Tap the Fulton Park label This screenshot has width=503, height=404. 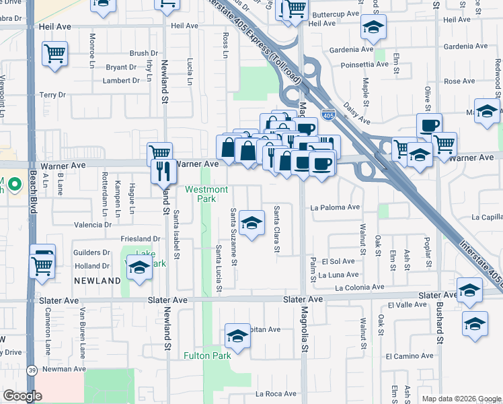pos(208,356)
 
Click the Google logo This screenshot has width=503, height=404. pos(22,396)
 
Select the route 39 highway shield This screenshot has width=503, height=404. pos(31,370)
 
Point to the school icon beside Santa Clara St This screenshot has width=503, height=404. pos(251,224)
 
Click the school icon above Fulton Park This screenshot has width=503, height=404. pos(237,336)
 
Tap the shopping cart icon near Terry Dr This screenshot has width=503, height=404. pos(54,53)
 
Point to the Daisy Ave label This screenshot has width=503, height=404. pos(356,114)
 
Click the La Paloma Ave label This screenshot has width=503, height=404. pos(335,207)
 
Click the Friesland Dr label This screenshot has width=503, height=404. pos(141,238)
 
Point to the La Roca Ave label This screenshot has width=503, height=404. pos(276,393)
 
